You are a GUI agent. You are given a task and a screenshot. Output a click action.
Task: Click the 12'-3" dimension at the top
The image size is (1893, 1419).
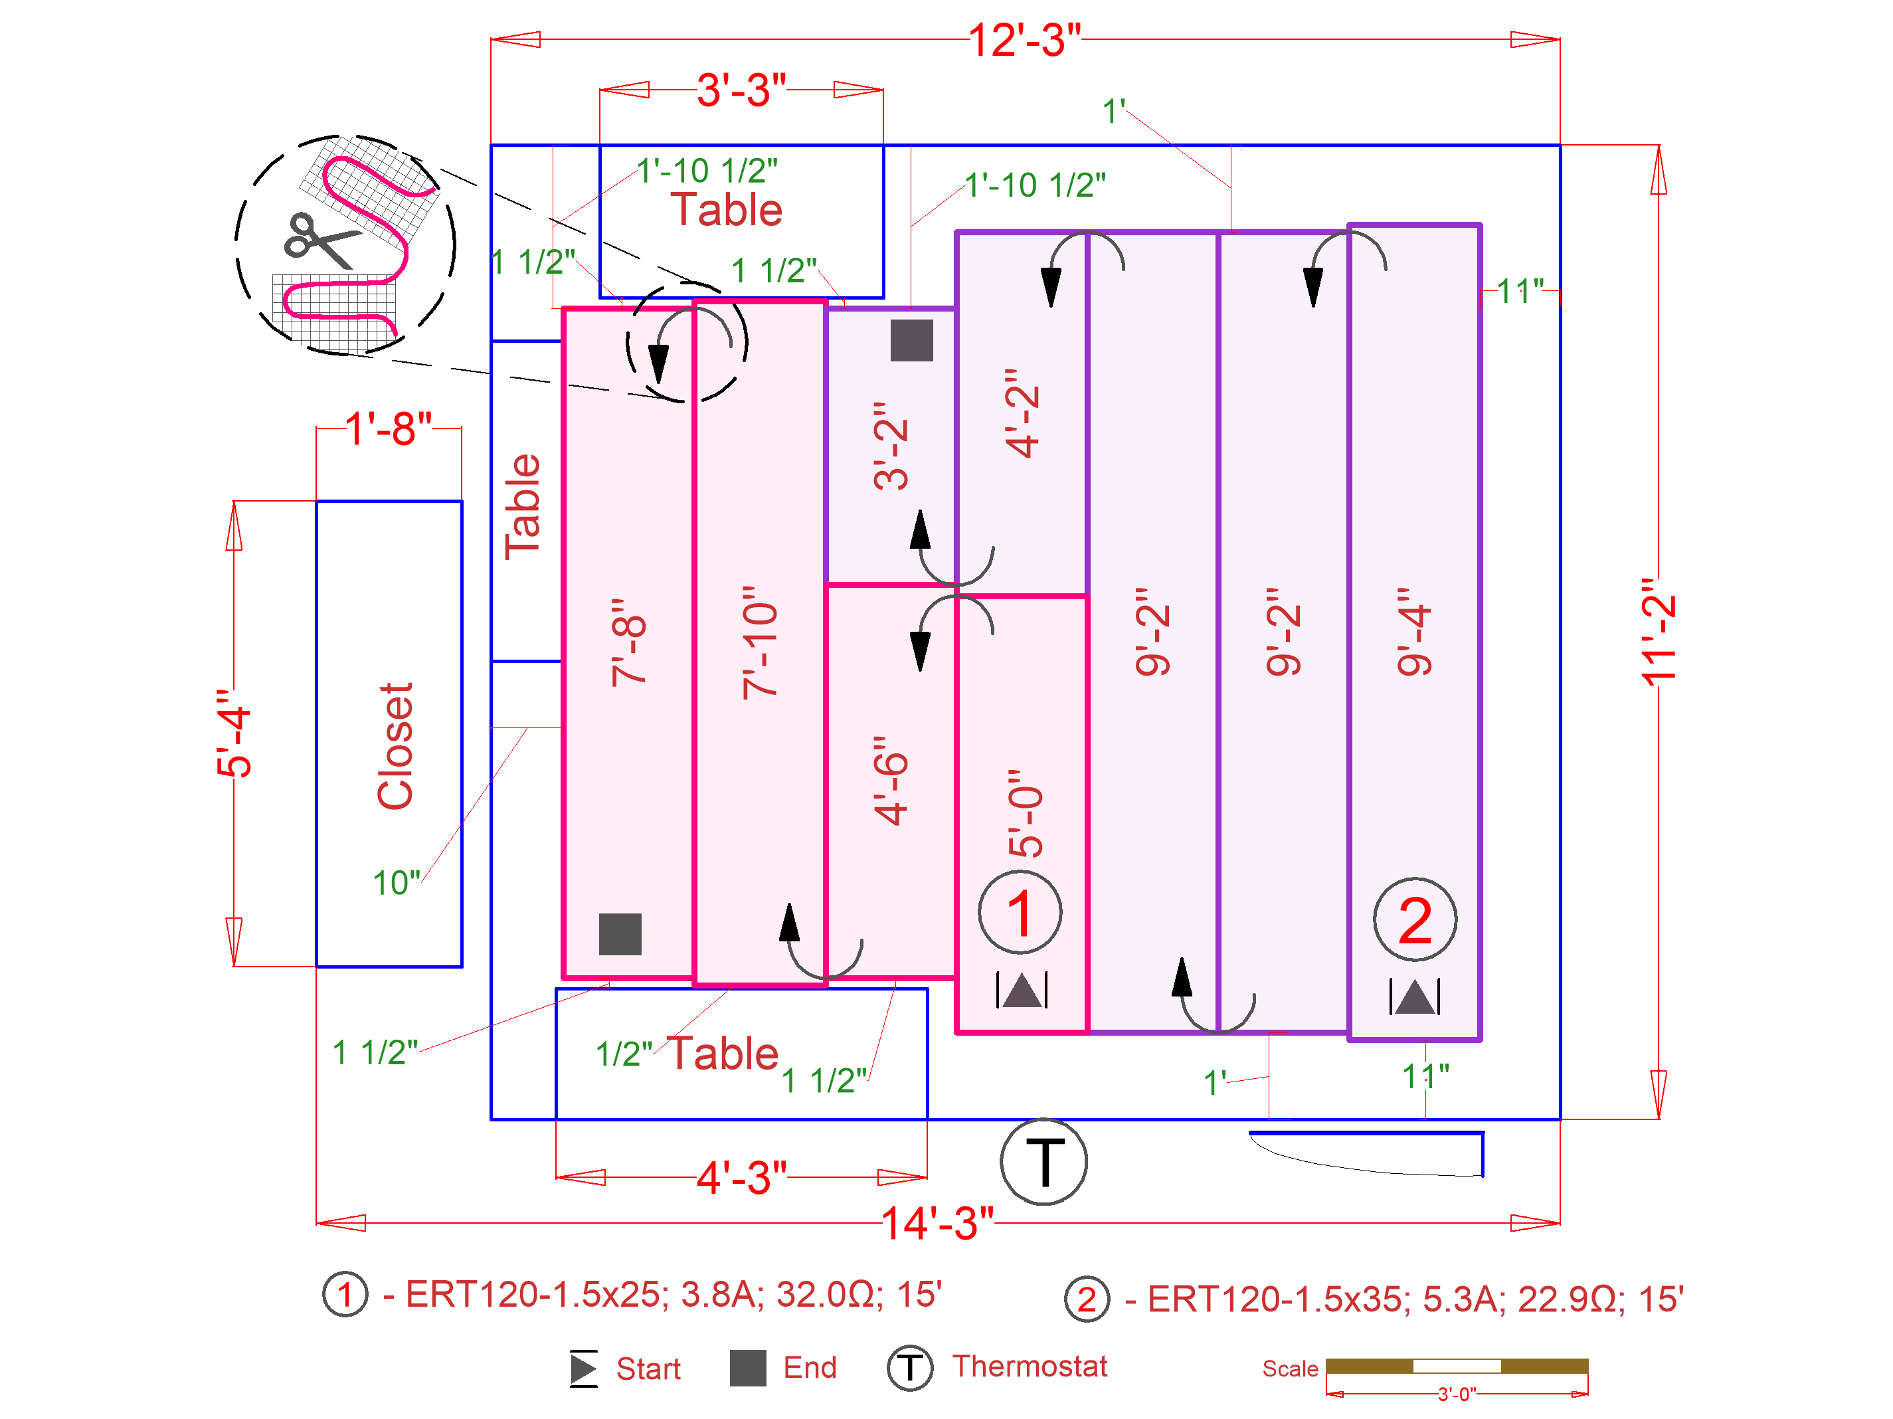click(1024, 41)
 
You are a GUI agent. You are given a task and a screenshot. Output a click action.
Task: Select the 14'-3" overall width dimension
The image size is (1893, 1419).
click(937, 1223)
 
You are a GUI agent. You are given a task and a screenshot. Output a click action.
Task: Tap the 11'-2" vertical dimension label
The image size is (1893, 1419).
click(1659, 632)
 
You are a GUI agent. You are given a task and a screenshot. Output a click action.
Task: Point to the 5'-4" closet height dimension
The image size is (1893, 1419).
click(234, 733)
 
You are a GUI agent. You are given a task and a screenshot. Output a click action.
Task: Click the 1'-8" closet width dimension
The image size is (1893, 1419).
click(388, 428)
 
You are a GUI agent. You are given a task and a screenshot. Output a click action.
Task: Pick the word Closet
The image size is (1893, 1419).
click(395, 745)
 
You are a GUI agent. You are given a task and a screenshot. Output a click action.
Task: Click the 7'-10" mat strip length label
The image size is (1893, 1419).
click(760, 643)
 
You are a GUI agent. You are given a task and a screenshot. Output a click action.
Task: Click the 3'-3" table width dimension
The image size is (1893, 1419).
click(741, 90)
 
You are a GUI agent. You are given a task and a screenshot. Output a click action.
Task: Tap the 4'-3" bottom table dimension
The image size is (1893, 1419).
click(741, 1178)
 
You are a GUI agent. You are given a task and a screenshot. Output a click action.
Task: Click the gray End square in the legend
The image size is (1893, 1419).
click(747, 1368)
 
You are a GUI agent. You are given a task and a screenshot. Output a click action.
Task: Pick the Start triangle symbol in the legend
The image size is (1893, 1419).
click(584, 1368)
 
